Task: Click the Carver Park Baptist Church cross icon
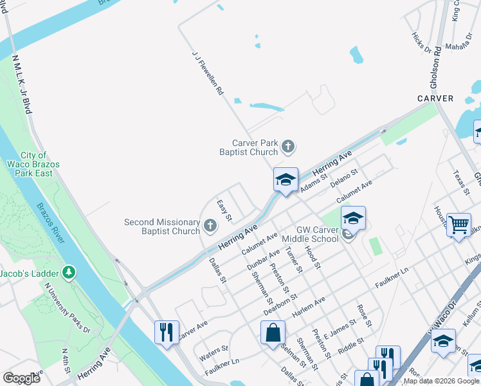tap(287, 147)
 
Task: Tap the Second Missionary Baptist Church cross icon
tap(210, 226)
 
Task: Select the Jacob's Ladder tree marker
tap(68, 273)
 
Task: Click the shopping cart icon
tap(458, 226)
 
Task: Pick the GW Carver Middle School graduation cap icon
tap(352, 219)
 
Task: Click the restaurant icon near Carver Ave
tap(167, 332)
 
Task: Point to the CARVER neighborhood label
tap(435, 98)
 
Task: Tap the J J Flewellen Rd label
tap(208, 74)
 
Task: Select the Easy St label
tap(224, 210)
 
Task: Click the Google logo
tap(21, 378)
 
